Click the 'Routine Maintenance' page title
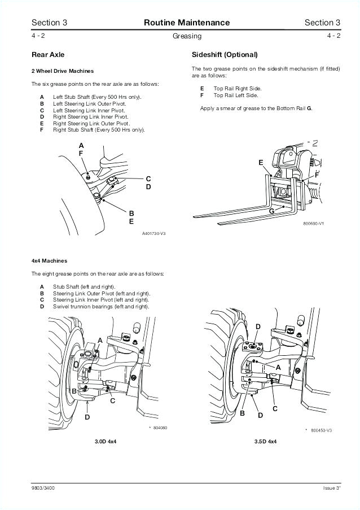tap(187, 23)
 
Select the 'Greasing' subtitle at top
tap(187, 36)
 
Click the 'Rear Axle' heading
tap(48, 55)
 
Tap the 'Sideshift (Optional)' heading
tap(225, 55)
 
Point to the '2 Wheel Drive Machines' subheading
tap(63, 71)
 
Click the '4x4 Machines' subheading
tap(49, 261)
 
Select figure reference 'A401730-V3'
tap(153, 233)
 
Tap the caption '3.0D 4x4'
tap(106, 441)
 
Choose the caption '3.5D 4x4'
tap(265, 441)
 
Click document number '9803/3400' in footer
tap(43, 487)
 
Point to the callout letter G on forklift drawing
tap(271, 211)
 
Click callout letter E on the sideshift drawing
tap(261, 163)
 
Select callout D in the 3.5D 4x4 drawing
tap(258, 327)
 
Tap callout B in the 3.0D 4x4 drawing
tap(74, 390)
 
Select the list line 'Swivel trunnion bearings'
tap(101, 307)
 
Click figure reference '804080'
tap(160, 428)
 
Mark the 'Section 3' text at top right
tap(322, 23)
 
